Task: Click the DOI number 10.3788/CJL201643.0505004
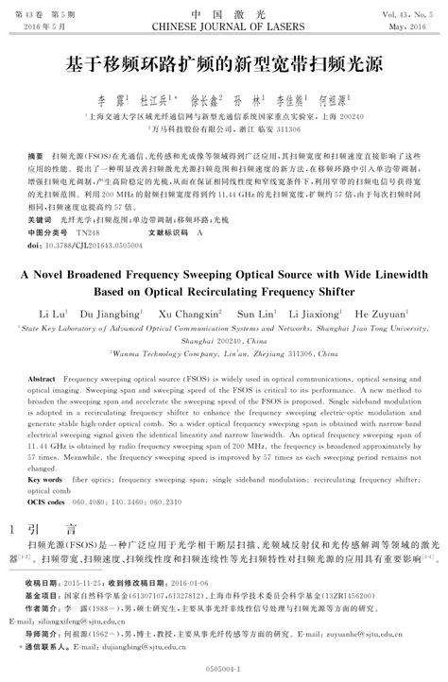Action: click(x=90, y=243)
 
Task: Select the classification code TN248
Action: click(x=86, y=231)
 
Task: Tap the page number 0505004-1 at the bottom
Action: click(x=224, y=667)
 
